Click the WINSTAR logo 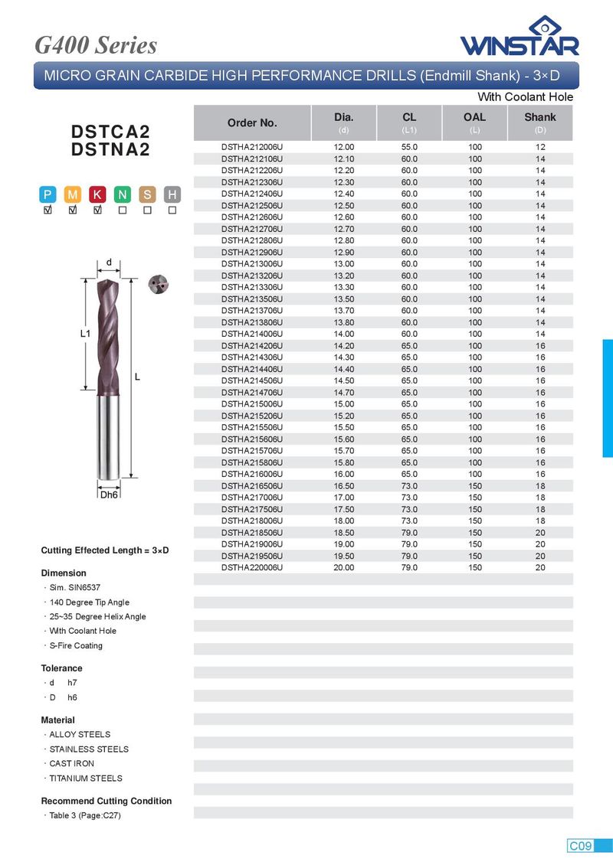click(520, 36)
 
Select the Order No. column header click(252, 123)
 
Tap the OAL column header click(474, 117)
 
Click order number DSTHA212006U click(252, 147)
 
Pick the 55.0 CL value click(409, 147)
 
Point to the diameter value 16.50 click(343, 486)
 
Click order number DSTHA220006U click(252, 568)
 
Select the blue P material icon click(48, 194)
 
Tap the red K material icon click(98, 194)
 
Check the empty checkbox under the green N click(123, 211)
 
